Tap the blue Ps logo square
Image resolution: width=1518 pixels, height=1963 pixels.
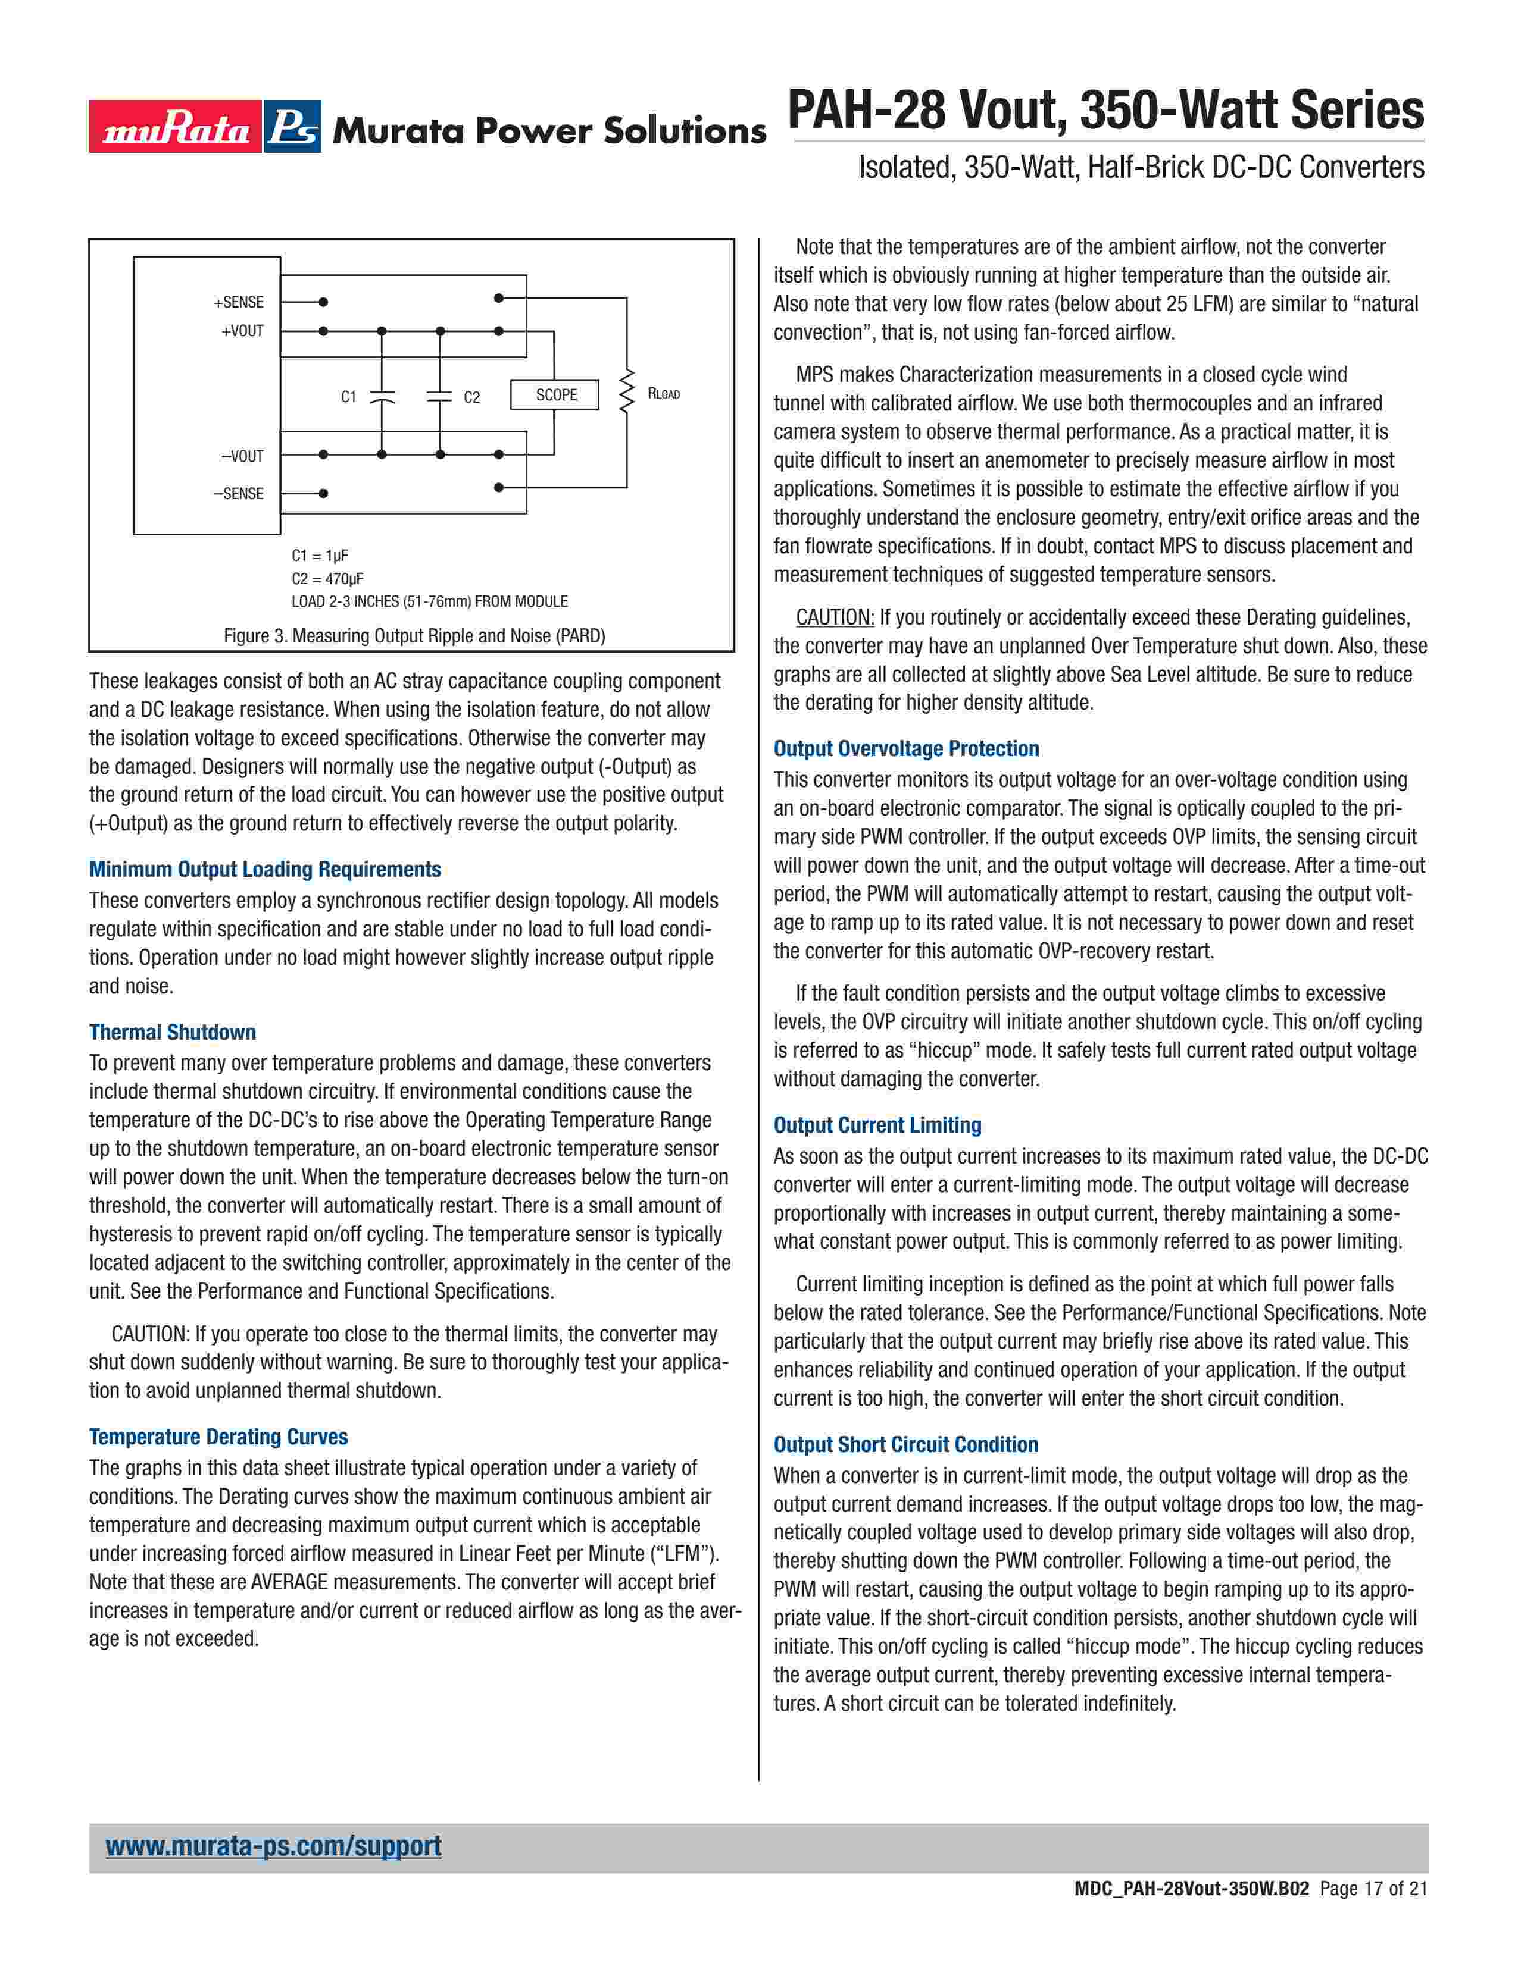(293, 127)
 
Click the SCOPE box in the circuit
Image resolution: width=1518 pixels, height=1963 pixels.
(555, 394)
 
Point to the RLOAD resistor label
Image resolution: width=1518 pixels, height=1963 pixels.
(664, 394)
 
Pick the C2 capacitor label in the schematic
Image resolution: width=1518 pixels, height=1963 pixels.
(472, 397)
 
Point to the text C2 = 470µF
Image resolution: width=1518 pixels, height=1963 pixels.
(327, 578)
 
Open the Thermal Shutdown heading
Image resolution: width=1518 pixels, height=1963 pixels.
(173, 1032)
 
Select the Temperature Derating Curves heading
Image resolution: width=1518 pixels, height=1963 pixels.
(218, 1437)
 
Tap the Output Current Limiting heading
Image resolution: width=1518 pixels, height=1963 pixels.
(877, 1125)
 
